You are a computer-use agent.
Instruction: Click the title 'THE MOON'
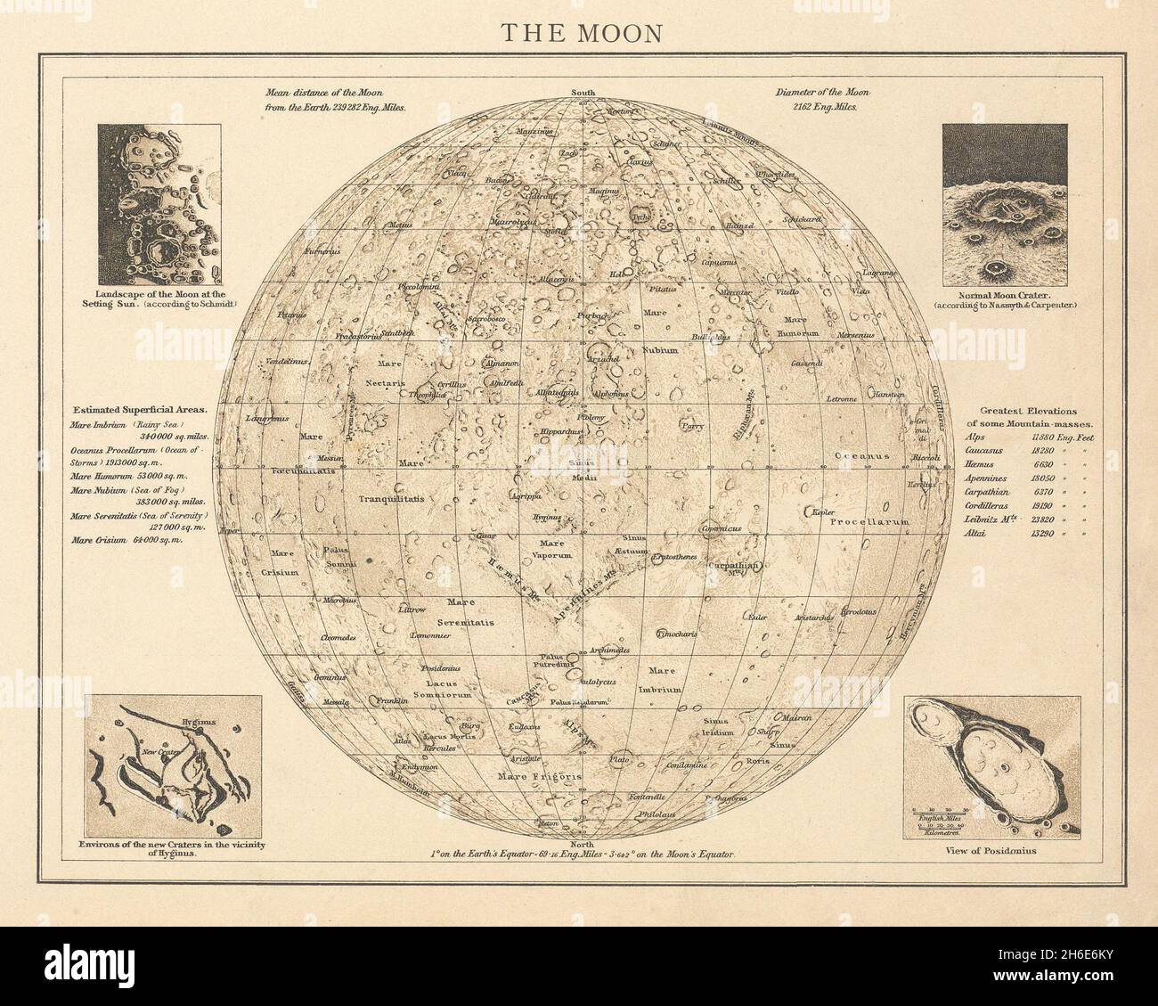coord(580,32)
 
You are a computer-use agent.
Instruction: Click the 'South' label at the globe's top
coord(583,93)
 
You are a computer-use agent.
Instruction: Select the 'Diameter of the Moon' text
coord(822,93)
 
